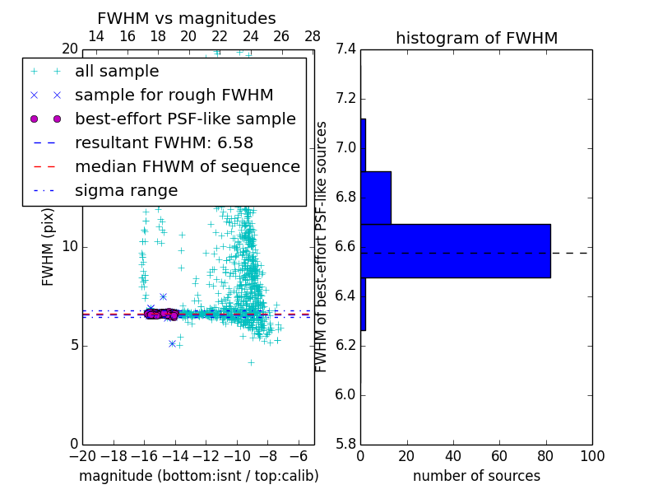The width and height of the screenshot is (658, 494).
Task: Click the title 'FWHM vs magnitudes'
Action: pos(187,18)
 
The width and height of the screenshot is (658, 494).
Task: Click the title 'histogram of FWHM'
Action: pos(476,38)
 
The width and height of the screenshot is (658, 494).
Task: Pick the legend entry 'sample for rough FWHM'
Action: pos(174,96)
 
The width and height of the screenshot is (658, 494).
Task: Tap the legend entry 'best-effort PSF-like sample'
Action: pos(185,119)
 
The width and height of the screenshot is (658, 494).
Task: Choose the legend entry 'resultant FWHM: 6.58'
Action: pos(164,143)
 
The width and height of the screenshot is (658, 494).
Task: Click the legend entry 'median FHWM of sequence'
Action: pos(187,167)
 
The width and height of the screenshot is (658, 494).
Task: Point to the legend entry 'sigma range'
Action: pos(126,191)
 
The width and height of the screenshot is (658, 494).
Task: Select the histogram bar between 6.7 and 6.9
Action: pos(375,198)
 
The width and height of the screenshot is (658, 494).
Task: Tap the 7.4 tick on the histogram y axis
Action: pos(345,49)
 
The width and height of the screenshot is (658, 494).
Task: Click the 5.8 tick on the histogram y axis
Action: pos(345,444)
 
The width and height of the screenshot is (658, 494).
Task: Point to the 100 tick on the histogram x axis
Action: pos(592,455)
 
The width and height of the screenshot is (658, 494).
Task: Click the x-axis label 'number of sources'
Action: pos(476,476)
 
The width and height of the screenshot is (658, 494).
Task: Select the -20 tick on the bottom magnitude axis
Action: pos(82,455)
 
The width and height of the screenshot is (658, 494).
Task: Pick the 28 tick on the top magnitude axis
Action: pos(313,36)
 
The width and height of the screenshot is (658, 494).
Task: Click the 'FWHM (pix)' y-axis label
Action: pos(49,246)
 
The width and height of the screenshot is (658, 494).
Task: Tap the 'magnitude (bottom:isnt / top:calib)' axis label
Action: pos(198,476)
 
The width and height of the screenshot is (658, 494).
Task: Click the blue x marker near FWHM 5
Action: pos(172,343)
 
